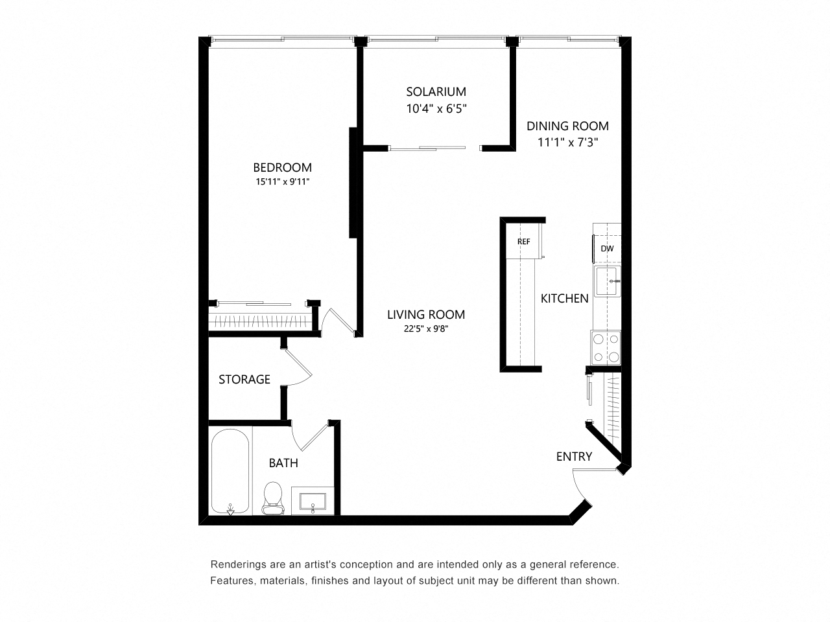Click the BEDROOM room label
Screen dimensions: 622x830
click(282, 168)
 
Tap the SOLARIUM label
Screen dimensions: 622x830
click(436, 92)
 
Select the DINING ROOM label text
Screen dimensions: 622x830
click(567, 126)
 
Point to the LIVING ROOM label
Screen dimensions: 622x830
click(425, 315)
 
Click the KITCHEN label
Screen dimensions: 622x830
click(565, 299)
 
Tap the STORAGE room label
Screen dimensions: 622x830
click(244, 380)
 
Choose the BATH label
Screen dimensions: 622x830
click(283, 463)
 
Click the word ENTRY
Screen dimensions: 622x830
click(574, 457)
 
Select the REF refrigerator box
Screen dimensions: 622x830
click(524, 242)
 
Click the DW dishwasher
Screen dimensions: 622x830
click(607, 249)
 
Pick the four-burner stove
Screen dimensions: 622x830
click(606, 347)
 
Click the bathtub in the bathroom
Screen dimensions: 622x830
click(230, 471)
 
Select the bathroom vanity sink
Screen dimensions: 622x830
click(313, 501)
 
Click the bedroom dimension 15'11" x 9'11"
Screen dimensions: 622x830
click(282, 182)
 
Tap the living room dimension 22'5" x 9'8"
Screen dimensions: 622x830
click(425, 329)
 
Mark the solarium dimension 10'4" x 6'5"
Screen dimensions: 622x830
click(436, 109)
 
